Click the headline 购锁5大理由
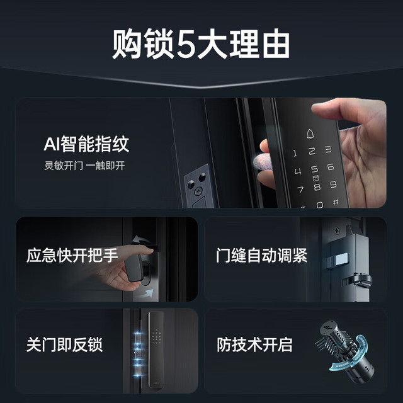[x=201, y=44]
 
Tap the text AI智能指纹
[x=86, y=144]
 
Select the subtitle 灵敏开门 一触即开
[x=84, y=166]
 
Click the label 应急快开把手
[x=72, y=255]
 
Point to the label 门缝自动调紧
[x=262, y=255]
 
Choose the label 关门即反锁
[x=64, y=344]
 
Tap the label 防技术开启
[x=254, y=344]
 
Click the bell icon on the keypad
[x=310, y=134]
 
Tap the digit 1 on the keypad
[x=295, y=154]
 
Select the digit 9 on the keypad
[x=333, y=184]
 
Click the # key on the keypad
[x=336, y=202]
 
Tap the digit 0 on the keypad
[x=319, y=205]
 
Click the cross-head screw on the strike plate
[x=198, y=191]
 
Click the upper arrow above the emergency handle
[x=141, y=239]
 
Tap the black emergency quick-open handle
[x=133, y=268]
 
